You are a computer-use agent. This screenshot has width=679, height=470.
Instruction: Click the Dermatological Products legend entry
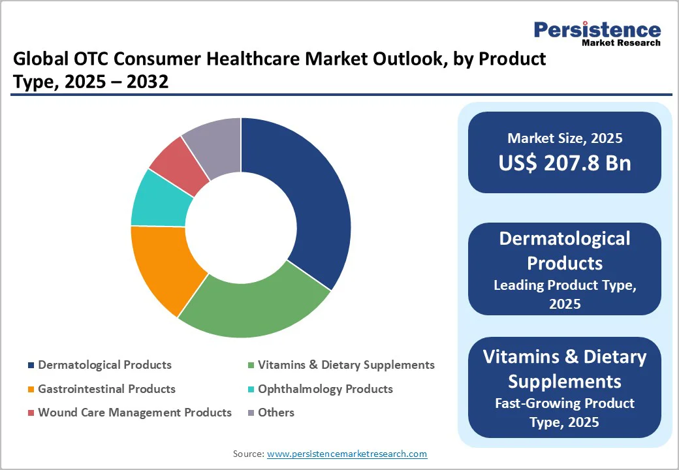(104, 365)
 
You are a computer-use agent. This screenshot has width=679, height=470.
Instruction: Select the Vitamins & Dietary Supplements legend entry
(346, 365)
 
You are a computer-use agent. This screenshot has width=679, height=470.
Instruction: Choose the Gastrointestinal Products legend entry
(106, 389)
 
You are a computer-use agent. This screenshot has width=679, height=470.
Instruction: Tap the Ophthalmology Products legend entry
(325, 389)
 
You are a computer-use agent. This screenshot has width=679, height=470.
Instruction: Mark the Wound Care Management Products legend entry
(134, 413)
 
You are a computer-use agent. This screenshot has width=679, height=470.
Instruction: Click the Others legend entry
(276, 413)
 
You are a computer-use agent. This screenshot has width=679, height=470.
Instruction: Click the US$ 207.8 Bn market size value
(565, 163)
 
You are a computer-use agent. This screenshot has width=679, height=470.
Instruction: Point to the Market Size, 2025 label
(565, 138)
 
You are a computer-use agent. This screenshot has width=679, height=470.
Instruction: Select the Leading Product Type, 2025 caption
(565, 294)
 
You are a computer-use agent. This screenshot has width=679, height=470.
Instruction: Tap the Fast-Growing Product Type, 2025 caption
(565, 413)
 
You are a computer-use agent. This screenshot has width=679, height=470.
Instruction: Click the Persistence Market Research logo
(597, 33)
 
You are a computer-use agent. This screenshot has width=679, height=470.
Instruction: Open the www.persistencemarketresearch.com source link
(347, 454)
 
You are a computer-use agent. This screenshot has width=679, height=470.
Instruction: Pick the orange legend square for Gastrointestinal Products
(30, 390)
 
